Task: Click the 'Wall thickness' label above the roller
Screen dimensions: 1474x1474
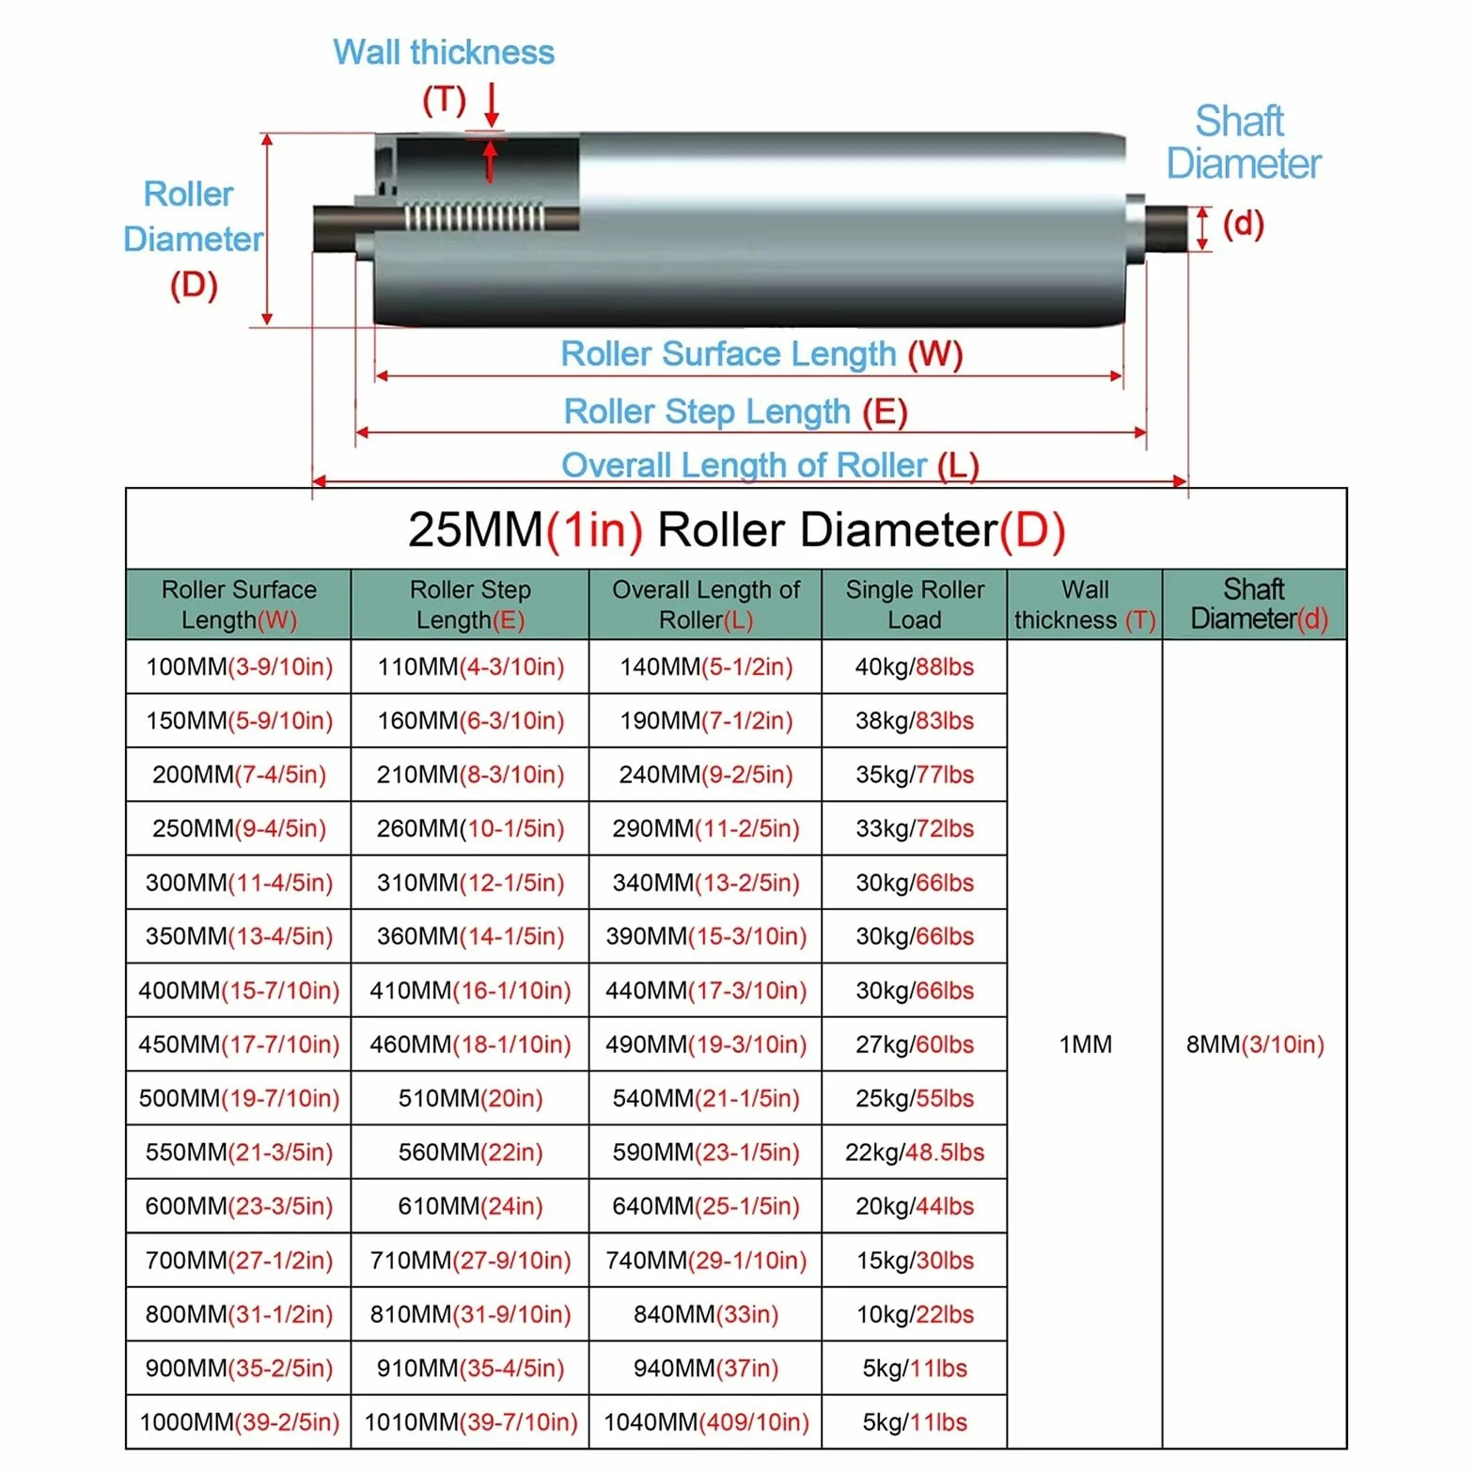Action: (x=444, y=53)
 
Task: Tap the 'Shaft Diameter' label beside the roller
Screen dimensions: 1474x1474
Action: (x=1243, y=142)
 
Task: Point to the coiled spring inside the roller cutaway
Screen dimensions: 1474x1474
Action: (x=474, y=217)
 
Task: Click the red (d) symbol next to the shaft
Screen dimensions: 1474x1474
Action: (x=1243, y=224)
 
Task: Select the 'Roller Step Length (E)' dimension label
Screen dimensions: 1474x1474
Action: (x=735, y=412)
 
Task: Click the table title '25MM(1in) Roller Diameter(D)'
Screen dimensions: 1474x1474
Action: (x=736, y=529)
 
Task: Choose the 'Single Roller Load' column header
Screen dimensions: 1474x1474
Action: (x=915, y=604)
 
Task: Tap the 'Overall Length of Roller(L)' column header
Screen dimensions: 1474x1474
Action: (x=706, y=604)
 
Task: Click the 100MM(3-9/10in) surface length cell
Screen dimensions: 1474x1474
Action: (x=240, y=666)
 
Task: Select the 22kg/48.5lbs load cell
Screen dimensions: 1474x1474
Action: (x=915, y=1152)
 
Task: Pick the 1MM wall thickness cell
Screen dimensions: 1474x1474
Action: (x=1086, y=1044)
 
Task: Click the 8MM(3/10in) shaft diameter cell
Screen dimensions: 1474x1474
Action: (x=1255, y=1044)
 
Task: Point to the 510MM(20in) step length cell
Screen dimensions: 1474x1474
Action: (x=471, y=1098)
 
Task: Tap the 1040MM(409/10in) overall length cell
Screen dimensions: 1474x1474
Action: (x=706, y=1422)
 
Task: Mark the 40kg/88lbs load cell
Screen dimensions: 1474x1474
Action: (x=915, y=666)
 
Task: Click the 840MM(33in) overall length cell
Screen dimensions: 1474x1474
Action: (x=706, y=1314)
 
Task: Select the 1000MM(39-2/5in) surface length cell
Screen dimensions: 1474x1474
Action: (x=240, y=1422)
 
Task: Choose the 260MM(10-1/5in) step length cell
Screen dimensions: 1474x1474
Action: (x=471, y=828)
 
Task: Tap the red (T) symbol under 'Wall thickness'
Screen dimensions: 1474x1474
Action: (x=444, y=100)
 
